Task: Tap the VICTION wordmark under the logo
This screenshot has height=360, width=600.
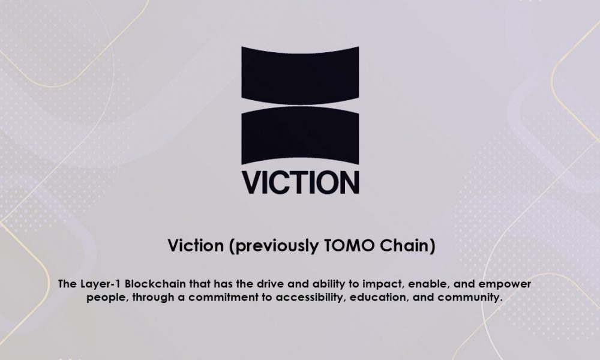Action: (300, 182)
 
